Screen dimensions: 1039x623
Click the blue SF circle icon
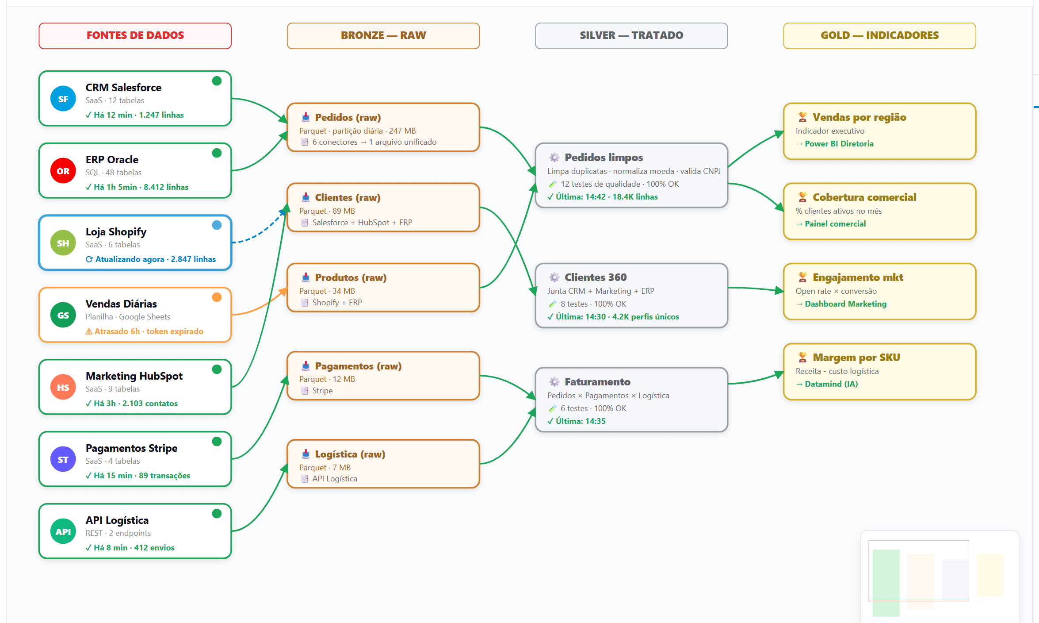(x=63, y=99)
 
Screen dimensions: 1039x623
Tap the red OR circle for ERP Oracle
(x=63, y=171)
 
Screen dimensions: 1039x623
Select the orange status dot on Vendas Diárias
(x=217, y=297)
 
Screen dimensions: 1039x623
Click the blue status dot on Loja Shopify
(x=217, y=225)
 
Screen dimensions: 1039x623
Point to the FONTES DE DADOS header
(x=135, y=35)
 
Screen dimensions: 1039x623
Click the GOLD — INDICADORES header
(x=880, y=35)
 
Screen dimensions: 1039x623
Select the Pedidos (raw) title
(x=348, y=117)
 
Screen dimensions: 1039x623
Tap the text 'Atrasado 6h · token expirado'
(x=149, y=331)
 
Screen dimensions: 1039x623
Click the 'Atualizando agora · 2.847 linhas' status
(x=156, y=259)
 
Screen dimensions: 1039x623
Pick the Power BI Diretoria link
(x=839, y=144)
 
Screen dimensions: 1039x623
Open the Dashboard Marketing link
(x=846, y=304)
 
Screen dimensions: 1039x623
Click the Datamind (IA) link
(x=831, y=384)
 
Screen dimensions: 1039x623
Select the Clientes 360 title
(x=596, y=277)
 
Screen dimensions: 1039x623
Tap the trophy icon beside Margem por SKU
(x=802, y=357)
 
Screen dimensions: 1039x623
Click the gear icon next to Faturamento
(x=554, y=381)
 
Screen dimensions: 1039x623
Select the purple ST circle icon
(x=63, y=459)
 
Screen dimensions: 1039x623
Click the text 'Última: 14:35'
(x=581, y=421)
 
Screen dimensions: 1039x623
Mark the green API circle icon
(x=63, y=531)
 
